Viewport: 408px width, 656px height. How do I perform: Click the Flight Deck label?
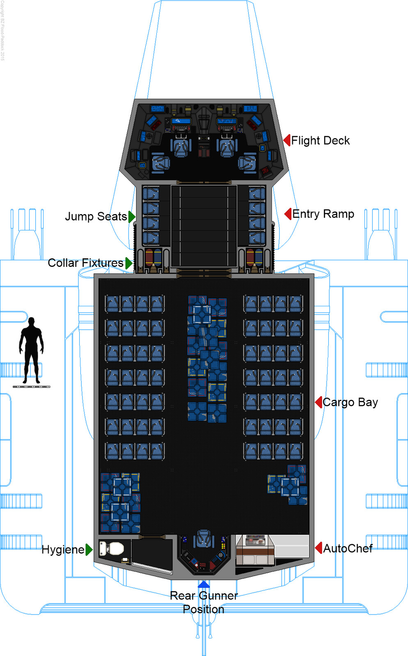tap(320, 141)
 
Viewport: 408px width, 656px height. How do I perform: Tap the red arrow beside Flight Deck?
tap(287, 140)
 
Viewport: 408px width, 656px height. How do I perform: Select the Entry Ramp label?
tap(323, 214)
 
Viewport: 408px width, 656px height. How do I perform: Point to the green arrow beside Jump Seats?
tap(131, 216)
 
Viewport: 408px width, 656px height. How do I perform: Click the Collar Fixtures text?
tap(85, 263)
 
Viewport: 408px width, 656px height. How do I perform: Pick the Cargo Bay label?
tap(350, 402)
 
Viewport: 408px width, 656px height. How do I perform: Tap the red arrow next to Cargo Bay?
tap(319, 402)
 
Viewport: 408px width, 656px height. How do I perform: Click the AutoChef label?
tap(348, 549)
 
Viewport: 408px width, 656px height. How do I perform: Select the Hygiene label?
tap(63, 549)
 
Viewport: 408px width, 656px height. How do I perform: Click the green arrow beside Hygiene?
tap(89, 549)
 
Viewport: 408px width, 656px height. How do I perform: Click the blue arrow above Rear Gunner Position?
tap(204, 584)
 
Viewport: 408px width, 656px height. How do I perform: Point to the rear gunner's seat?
tap(204, 539)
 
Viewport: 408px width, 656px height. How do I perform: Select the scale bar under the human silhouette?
tap(31, 387)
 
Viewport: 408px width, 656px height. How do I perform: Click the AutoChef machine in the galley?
tap(255, 549)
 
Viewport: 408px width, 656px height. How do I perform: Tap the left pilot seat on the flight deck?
tap(181, 147)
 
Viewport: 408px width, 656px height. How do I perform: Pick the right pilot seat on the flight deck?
tap(227, 147)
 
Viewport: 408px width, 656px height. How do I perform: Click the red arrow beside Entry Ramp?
tap(288, 214)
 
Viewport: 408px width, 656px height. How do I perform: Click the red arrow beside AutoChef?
tap(319, 548)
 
